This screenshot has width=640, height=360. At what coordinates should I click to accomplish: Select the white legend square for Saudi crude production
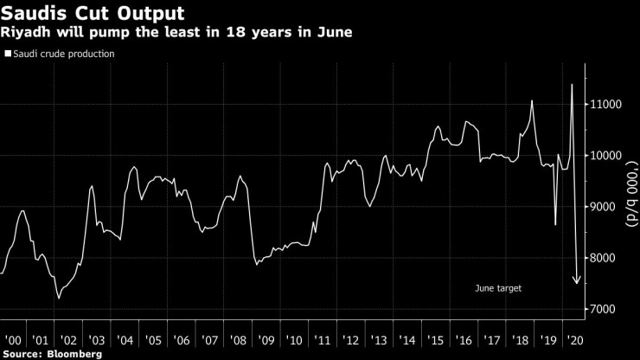8,54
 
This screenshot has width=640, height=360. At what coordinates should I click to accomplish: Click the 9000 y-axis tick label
609,207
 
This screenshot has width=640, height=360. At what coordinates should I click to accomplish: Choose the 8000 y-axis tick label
609,258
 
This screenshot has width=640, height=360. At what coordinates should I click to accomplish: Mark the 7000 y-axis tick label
609,309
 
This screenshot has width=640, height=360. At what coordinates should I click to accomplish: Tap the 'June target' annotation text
499,287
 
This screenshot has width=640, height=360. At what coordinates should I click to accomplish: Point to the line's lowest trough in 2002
59,299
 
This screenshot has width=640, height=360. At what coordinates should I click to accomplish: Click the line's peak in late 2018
532,101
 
